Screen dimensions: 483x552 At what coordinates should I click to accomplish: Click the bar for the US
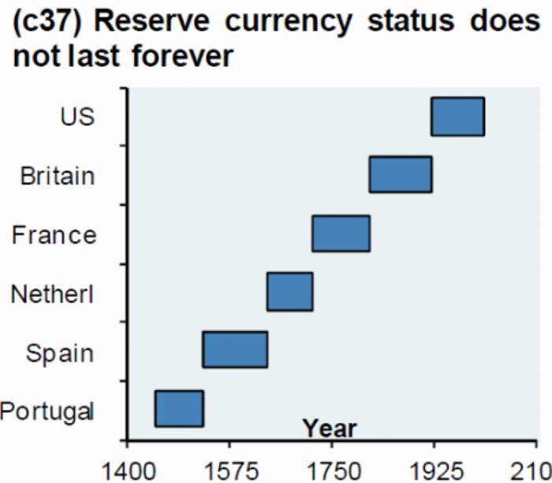pos(457,117)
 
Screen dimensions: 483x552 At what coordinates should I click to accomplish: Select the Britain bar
pos(400,175)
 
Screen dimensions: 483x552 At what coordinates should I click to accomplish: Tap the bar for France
pos(341,233)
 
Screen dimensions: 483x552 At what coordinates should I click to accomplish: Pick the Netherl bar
pos(289,292)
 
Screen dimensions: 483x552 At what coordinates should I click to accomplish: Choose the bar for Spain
pos(234,350)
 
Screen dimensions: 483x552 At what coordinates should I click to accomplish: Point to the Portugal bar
pos(179,408)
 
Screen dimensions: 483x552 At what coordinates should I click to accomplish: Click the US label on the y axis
pos(77,117)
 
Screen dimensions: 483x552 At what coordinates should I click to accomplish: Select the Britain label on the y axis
pos(58,175)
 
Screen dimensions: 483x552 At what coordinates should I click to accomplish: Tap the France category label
pos(54,234)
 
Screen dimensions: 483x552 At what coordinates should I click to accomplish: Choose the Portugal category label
pos(47,411)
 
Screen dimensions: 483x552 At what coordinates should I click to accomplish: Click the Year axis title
pos(330,429)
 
